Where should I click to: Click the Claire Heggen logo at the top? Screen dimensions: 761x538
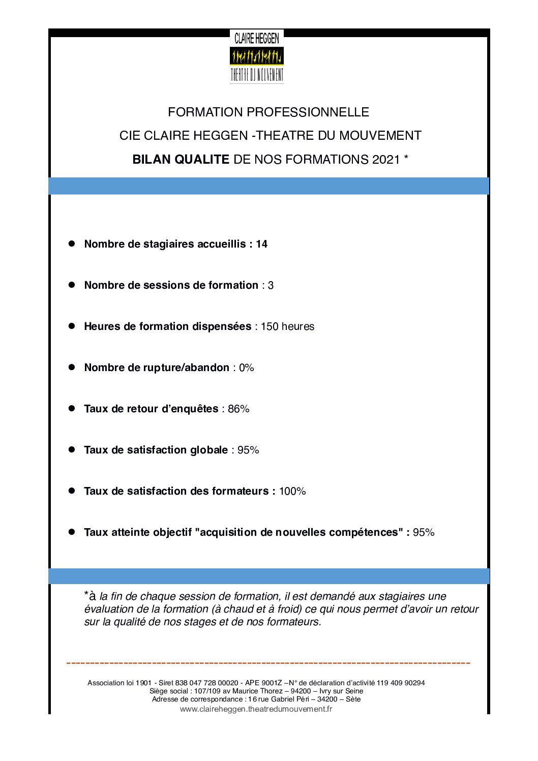257,56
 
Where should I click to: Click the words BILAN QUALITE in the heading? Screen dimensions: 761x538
181,159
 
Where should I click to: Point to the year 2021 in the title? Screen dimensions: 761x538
386,159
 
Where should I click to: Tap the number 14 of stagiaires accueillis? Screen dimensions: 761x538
261,244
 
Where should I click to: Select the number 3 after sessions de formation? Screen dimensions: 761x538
271,285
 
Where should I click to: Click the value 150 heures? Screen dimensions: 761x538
287,326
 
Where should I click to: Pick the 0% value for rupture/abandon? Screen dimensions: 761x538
246,368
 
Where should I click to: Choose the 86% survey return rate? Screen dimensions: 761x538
238,409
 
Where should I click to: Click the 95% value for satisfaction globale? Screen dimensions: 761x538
248,450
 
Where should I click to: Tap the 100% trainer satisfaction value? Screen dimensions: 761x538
292,491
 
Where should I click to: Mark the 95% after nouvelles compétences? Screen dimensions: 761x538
424,532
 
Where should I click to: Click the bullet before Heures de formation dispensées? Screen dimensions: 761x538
72,326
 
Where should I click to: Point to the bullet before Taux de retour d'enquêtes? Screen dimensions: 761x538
72,408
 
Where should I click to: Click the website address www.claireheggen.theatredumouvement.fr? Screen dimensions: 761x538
256,709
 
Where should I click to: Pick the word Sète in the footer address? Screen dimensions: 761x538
353,699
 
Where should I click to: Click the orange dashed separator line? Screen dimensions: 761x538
268,663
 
